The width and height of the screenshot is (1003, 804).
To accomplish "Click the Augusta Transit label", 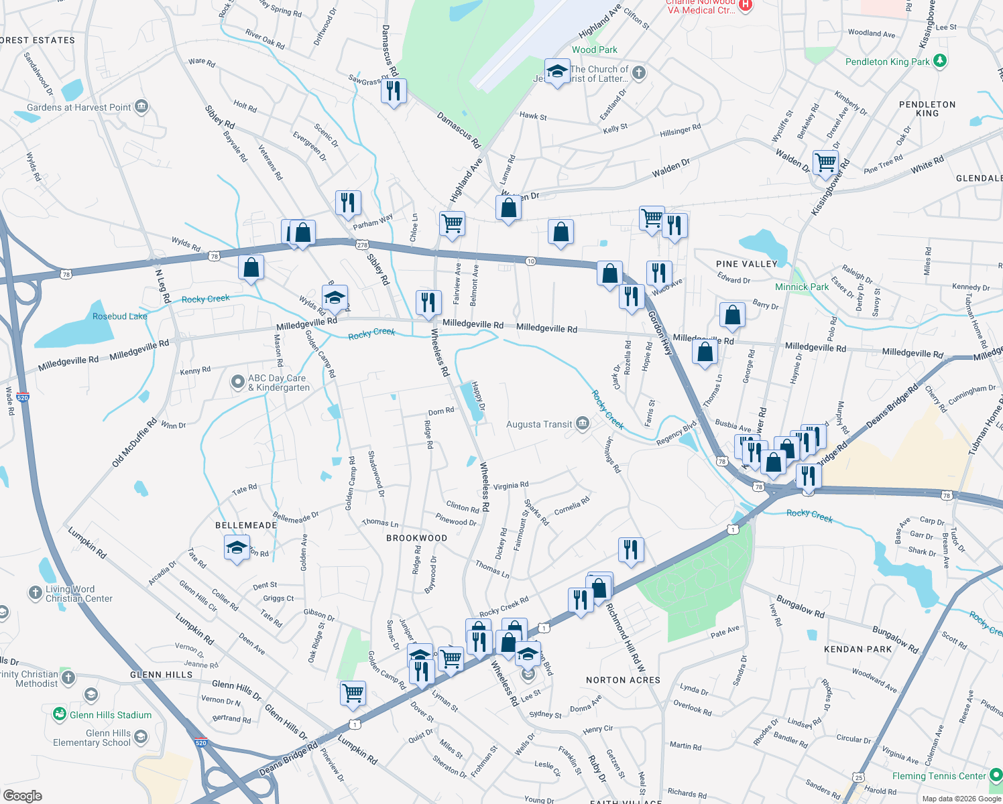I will pyautogui.click(x=539, y=425).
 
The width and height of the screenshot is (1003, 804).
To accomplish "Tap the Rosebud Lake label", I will pyautogui.click(x=119, y=316).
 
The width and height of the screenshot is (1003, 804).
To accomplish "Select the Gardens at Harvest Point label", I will pyautogui.click(x=78, y=107).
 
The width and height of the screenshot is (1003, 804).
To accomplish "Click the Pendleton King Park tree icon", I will pyautogui.click(x=940, y=61).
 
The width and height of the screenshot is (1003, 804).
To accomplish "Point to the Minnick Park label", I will pyautogui.click(x=802, y=287).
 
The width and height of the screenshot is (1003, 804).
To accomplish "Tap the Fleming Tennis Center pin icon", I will pyautogui.click(x=995, y=776).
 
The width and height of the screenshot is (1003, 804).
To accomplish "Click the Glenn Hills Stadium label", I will pyautogui.click(x=111, y=715).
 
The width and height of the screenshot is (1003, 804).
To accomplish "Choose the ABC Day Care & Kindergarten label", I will pyautogui.click(x=279, y=383).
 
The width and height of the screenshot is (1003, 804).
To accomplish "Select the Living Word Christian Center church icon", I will pyautogui.click(x=35, y=592).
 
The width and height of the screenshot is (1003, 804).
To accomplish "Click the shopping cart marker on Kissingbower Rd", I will pyautogui.click(x=825, y=162).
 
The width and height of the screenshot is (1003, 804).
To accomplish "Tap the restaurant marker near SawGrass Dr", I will pyautogui.click(x=394, y=90).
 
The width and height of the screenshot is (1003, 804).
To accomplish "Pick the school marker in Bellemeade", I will pyautogui.click(x=237, y=547).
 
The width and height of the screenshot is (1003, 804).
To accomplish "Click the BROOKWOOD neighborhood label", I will pyautogui.click(x=416, y=538).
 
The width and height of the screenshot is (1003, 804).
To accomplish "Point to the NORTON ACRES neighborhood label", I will pyautogui.click(x=623, y=680).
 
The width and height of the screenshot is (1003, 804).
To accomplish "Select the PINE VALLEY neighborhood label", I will pyautogui.click(x=746, y=264).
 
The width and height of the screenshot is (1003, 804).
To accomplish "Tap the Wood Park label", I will pyautogui.click(x=594, y=50).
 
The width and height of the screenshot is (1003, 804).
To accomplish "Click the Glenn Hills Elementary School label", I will pyautogui.click(x=92, y=738).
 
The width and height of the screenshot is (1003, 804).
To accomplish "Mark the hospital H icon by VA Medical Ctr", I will pyautogui.click(x=746, y=5).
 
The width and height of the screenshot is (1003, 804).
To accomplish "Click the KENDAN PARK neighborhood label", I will pyautogui.click(x=858, y=649).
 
